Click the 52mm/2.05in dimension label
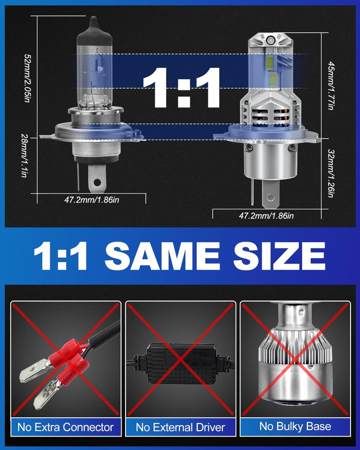click(x=27, y=78)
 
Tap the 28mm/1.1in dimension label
click(x=25, y=155)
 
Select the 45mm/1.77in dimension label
click(x=331, y=85)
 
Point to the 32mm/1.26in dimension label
click(x=331, y=173)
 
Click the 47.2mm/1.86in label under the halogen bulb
click(x=92, y=200)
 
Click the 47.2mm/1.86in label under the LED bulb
click(x=266, y=215)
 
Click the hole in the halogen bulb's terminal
click(x=97, y=182)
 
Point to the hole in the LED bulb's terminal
click(x=270, y=198)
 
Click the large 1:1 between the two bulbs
click(x=182, y=87)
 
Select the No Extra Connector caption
click(x=65, y=427)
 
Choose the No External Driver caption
click(x=180, y=427)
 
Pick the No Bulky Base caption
click(x=295, y=427)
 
